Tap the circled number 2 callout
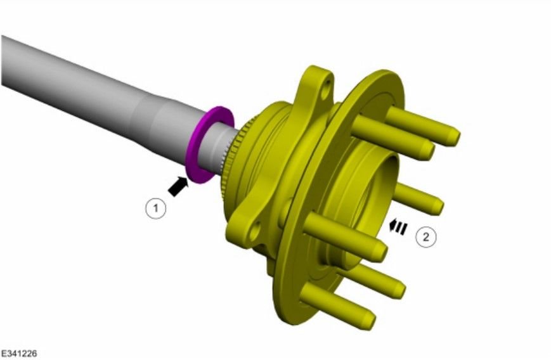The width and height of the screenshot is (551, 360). pyautogui.click(x=425, y=237)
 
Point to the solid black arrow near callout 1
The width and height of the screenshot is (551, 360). pyautogui.click(x=178, y=186)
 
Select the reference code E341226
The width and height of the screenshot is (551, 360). pyautogui.click(x=19, y=353)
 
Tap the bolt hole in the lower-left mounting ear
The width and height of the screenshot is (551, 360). pyautogui.click(x=256, y=231)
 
